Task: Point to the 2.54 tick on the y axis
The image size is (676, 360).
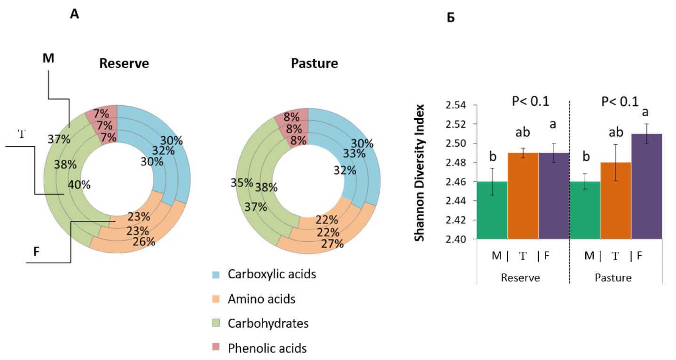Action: (463, 105)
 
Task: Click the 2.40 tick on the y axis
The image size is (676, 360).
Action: (463, 239)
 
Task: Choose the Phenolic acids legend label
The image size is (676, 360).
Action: (267, 348)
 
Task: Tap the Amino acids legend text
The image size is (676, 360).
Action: (261, 298)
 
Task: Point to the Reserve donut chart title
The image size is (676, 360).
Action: (124, 63)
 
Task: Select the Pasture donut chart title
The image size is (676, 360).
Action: (315, 63)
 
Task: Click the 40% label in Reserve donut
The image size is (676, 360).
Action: (79, 185)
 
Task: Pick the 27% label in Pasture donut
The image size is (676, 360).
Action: (332, 243)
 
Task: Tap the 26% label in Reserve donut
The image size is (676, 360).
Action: (144, 242)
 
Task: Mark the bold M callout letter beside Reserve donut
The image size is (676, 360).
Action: (48, 58)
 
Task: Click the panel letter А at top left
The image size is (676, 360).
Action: (74, 15)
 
